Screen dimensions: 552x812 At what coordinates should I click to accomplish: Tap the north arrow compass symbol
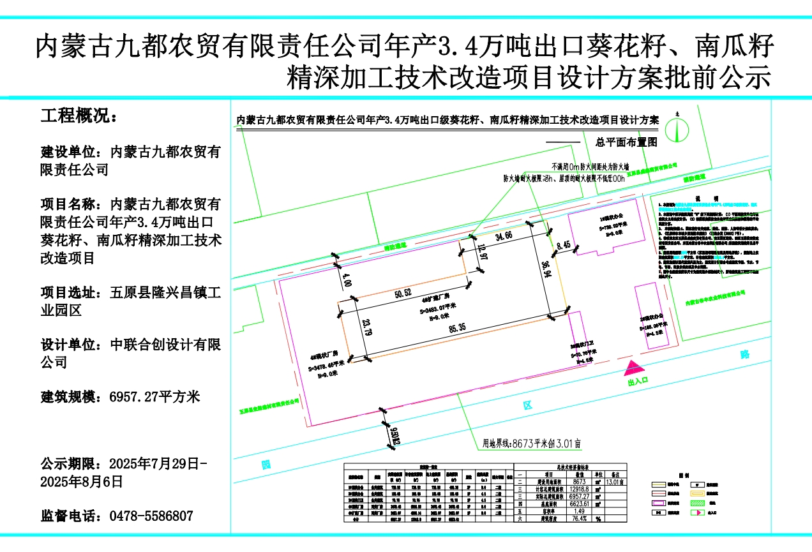675,130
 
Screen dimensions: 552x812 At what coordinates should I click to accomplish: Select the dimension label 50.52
403,294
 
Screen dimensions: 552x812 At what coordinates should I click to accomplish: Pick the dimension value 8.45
562,245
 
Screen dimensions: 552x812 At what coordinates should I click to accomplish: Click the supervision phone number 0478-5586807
151,516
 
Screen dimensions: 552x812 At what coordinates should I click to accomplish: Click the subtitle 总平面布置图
626,142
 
